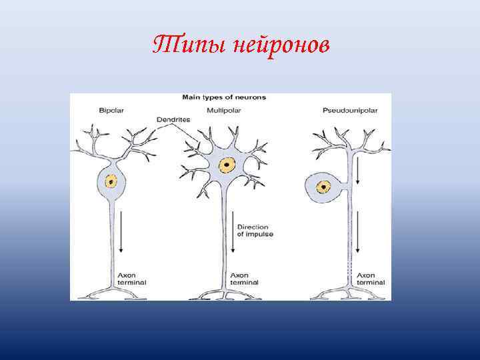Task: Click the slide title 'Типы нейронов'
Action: point(241,45)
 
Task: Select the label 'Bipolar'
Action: point(111,109)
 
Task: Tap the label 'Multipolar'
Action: point(225,109)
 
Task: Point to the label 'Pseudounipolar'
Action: point(349,109)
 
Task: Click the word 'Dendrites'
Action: point(173,119)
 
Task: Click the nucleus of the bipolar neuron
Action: point(111,180)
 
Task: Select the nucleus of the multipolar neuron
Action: point(228,163)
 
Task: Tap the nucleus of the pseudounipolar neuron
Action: point(324,187)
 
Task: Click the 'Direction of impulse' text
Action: point(255,231)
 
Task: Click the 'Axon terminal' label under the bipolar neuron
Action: point(132,279)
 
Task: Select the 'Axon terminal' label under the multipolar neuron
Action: point(244,279)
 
